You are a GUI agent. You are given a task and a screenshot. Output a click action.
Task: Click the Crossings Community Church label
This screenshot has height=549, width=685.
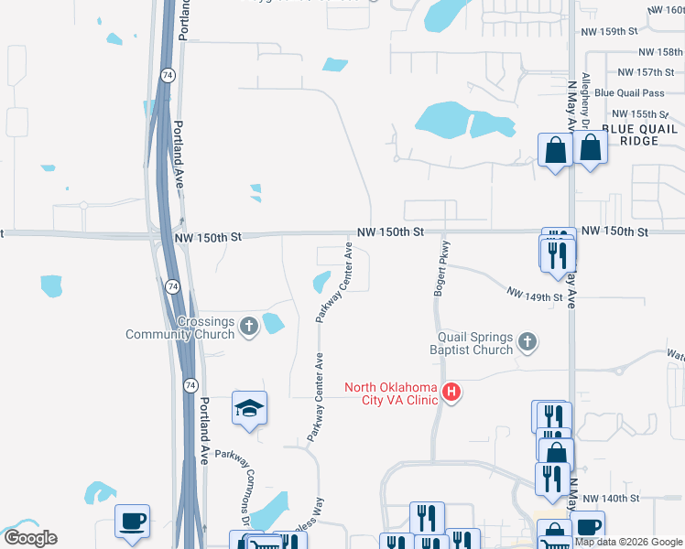coord(179,328)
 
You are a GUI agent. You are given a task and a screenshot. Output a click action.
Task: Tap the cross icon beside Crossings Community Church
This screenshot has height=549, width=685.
coord(249,325)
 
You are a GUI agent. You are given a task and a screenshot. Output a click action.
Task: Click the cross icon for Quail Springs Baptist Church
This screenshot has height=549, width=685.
coord(527,342)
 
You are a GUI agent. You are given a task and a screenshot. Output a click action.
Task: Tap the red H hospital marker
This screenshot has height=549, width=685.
coord(451,393)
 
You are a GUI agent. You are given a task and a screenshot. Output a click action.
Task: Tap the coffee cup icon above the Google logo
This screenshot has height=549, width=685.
coord(133,521)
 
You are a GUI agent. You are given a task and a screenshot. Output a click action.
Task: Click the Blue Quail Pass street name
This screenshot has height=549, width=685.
coord(628,93)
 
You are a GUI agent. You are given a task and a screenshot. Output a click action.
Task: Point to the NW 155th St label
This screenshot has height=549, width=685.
coord(639,113)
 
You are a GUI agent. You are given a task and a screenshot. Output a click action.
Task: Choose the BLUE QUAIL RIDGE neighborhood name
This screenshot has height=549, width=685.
coord(640,135)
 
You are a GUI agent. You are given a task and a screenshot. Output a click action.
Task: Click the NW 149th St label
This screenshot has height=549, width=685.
coord(535,295)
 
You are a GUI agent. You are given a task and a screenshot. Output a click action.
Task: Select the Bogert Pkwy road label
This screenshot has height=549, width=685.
coord(440,269)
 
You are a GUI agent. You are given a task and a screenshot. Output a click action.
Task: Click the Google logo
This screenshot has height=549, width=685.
coord(29,538)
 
